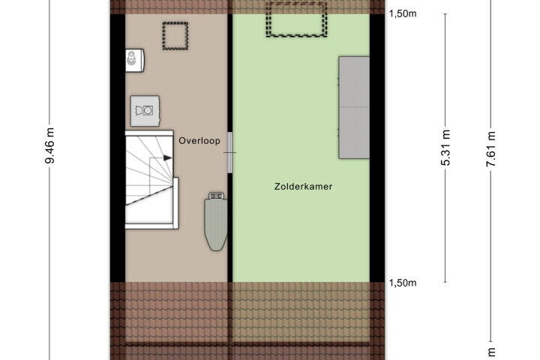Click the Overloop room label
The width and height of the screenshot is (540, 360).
(199, 140)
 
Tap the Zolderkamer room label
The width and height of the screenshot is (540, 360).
(304, 187)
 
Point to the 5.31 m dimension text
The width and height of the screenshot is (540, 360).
(445, 148)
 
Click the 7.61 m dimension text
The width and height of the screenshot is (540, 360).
(490, 149)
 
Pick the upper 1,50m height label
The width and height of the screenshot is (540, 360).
(403, 13)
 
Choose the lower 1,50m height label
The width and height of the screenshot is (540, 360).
(403, 283)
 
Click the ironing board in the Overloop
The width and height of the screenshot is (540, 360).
(216, 221)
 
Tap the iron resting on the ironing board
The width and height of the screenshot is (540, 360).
(217, 196)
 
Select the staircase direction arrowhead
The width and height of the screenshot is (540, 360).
(167, 157)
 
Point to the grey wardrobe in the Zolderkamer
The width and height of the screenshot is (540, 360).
(354, 107)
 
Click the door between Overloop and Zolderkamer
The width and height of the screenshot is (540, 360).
(229, 152)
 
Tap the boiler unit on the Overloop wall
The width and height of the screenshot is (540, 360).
(135, 60)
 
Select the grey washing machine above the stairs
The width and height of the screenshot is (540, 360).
(145, 111)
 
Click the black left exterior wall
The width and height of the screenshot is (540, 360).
(118, 148)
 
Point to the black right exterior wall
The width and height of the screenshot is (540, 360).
(376, 148)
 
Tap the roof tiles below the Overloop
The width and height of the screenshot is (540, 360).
(169, 320)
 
